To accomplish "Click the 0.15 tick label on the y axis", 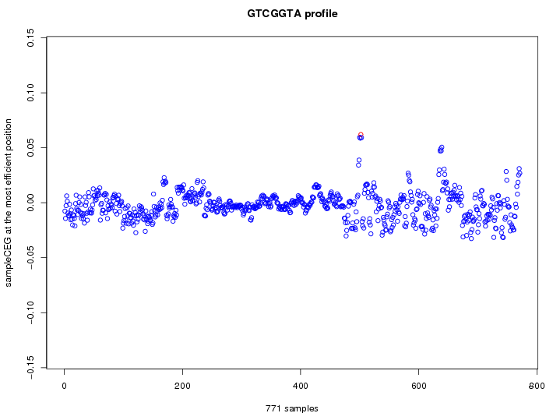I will (x=30, y=37).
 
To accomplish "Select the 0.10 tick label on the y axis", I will (x=30, y=93).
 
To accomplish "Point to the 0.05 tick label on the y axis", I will (x=30, y=148).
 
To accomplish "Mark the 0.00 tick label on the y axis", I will (x=30, y=203).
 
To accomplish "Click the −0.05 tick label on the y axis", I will (x=30, y=258).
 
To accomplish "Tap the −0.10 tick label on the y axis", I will (x=30, y=313).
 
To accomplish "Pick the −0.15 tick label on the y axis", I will (x=30, y=369).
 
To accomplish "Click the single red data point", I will (x=361, y=135).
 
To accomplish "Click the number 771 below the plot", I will (x=273, y=408).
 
